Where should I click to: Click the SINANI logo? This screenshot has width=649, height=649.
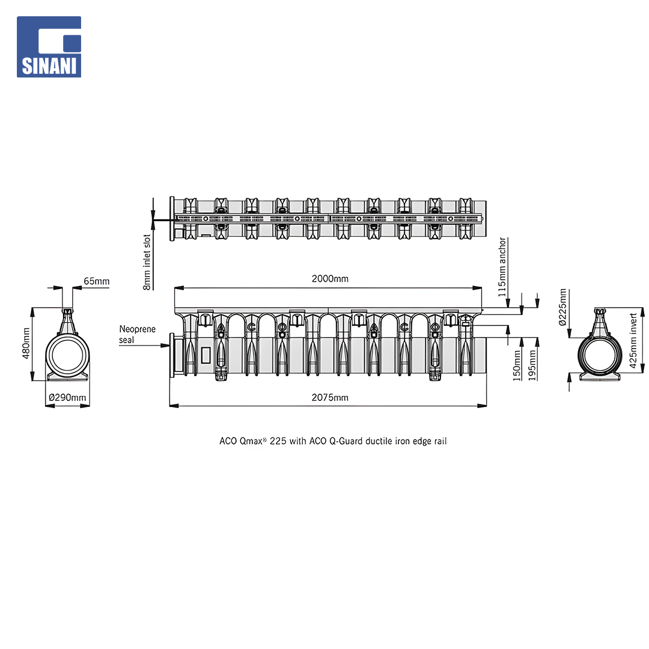point(49,47)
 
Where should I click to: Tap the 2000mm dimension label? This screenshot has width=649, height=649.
point(330,279)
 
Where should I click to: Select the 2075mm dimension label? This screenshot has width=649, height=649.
point(330,397)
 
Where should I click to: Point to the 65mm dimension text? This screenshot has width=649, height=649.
point(96,281)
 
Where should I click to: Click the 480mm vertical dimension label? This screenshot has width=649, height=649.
point(26,343)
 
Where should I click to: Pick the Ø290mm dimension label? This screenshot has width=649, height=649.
point(67,397)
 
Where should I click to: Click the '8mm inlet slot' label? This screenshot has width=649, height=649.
point(147,263)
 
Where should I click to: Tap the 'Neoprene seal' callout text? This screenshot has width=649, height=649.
point(137,335)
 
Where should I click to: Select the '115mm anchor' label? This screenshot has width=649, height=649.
point(502,267)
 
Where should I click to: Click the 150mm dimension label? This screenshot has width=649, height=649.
point(517,365)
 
